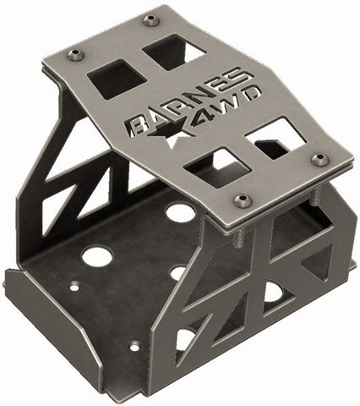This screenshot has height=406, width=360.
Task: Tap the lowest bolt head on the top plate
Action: click(245, 200)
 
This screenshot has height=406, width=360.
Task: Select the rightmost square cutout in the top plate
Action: click(280, 138)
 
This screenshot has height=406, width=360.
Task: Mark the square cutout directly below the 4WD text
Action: click(210, 167)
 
